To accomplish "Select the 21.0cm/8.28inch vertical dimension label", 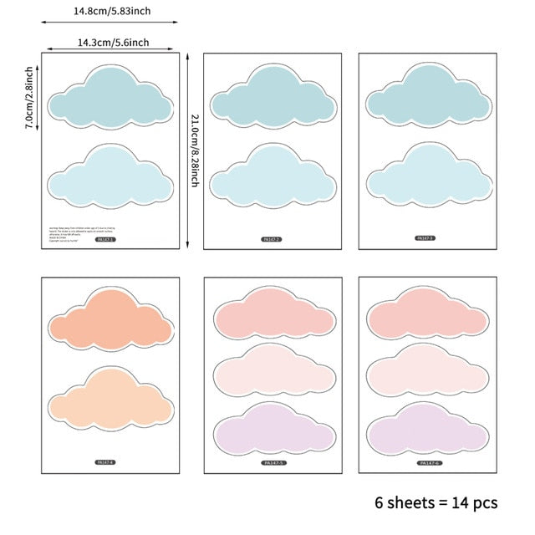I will [194, 150].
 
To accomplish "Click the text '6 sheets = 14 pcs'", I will [436, 502].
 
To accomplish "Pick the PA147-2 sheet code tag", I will [272, 240].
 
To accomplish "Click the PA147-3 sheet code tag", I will [426, 238].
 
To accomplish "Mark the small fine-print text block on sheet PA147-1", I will [71, 233].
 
